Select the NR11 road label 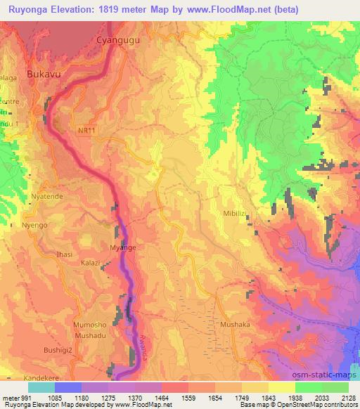coord(85,131)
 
